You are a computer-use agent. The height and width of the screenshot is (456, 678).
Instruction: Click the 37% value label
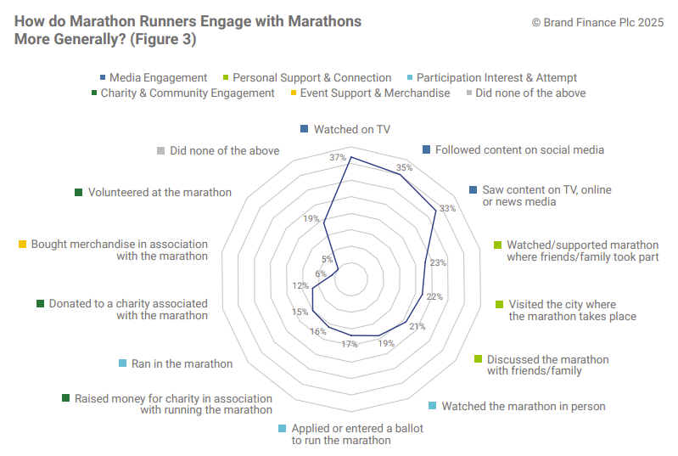click(338, 157)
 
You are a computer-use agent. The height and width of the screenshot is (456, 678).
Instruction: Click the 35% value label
click(405, 167)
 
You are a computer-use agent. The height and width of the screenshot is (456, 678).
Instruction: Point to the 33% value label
click(448, 208)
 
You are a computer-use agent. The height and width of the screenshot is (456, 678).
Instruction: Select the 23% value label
click(438, 263)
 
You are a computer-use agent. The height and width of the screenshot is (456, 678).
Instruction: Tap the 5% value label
click(328, 259)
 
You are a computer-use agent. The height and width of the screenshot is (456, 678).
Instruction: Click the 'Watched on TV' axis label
click(351, 129)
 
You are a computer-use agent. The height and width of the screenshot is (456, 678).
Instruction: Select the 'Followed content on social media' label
click(519, 149)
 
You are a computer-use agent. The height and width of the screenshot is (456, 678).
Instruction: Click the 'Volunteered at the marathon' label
click(160, 193)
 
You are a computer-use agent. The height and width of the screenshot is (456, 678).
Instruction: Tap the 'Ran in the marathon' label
click(182, 363)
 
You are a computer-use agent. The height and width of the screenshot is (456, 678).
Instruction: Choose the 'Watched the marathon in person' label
click(524, 406)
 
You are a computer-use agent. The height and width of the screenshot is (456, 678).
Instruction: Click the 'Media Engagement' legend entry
click(159, 77)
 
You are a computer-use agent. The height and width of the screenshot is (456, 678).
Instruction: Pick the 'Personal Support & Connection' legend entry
click(312, 77)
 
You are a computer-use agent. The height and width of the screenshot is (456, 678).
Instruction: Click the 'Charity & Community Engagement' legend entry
click(188, 93)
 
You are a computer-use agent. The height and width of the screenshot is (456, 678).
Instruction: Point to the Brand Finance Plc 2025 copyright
click(597, 22)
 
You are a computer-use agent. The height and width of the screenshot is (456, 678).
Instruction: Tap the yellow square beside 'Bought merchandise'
click(22, 245)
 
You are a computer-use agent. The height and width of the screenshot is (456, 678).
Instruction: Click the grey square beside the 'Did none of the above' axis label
click(160, 151)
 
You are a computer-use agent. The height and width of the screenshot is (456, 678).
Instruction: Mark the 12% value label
click(300, 285)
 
